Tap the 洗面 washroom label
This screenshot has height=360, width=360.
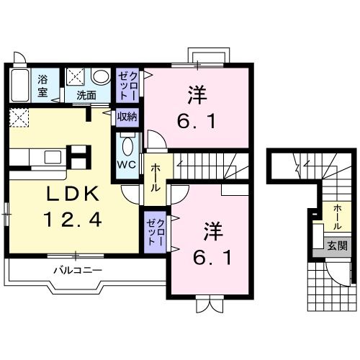point(86,94)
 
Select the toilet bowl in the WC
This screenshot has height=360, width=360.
point(127,147)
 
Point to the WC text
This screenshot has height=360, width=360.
point(127,163)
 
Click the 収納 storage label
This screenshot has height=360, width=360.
point(127,115)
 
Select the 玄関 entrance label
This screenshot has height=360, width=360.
point(336,246)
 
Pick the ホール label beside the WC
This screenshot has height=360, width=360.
point(156,177)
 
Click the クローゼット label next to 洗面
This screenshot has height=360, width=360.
point(127,86)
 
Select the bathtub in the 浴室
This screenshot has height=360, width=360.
point(20,86)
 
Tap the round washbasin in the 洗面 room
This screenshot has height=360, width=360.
point(101,76)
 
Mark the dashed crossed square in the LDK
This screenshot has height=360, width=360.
point(19,117)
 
